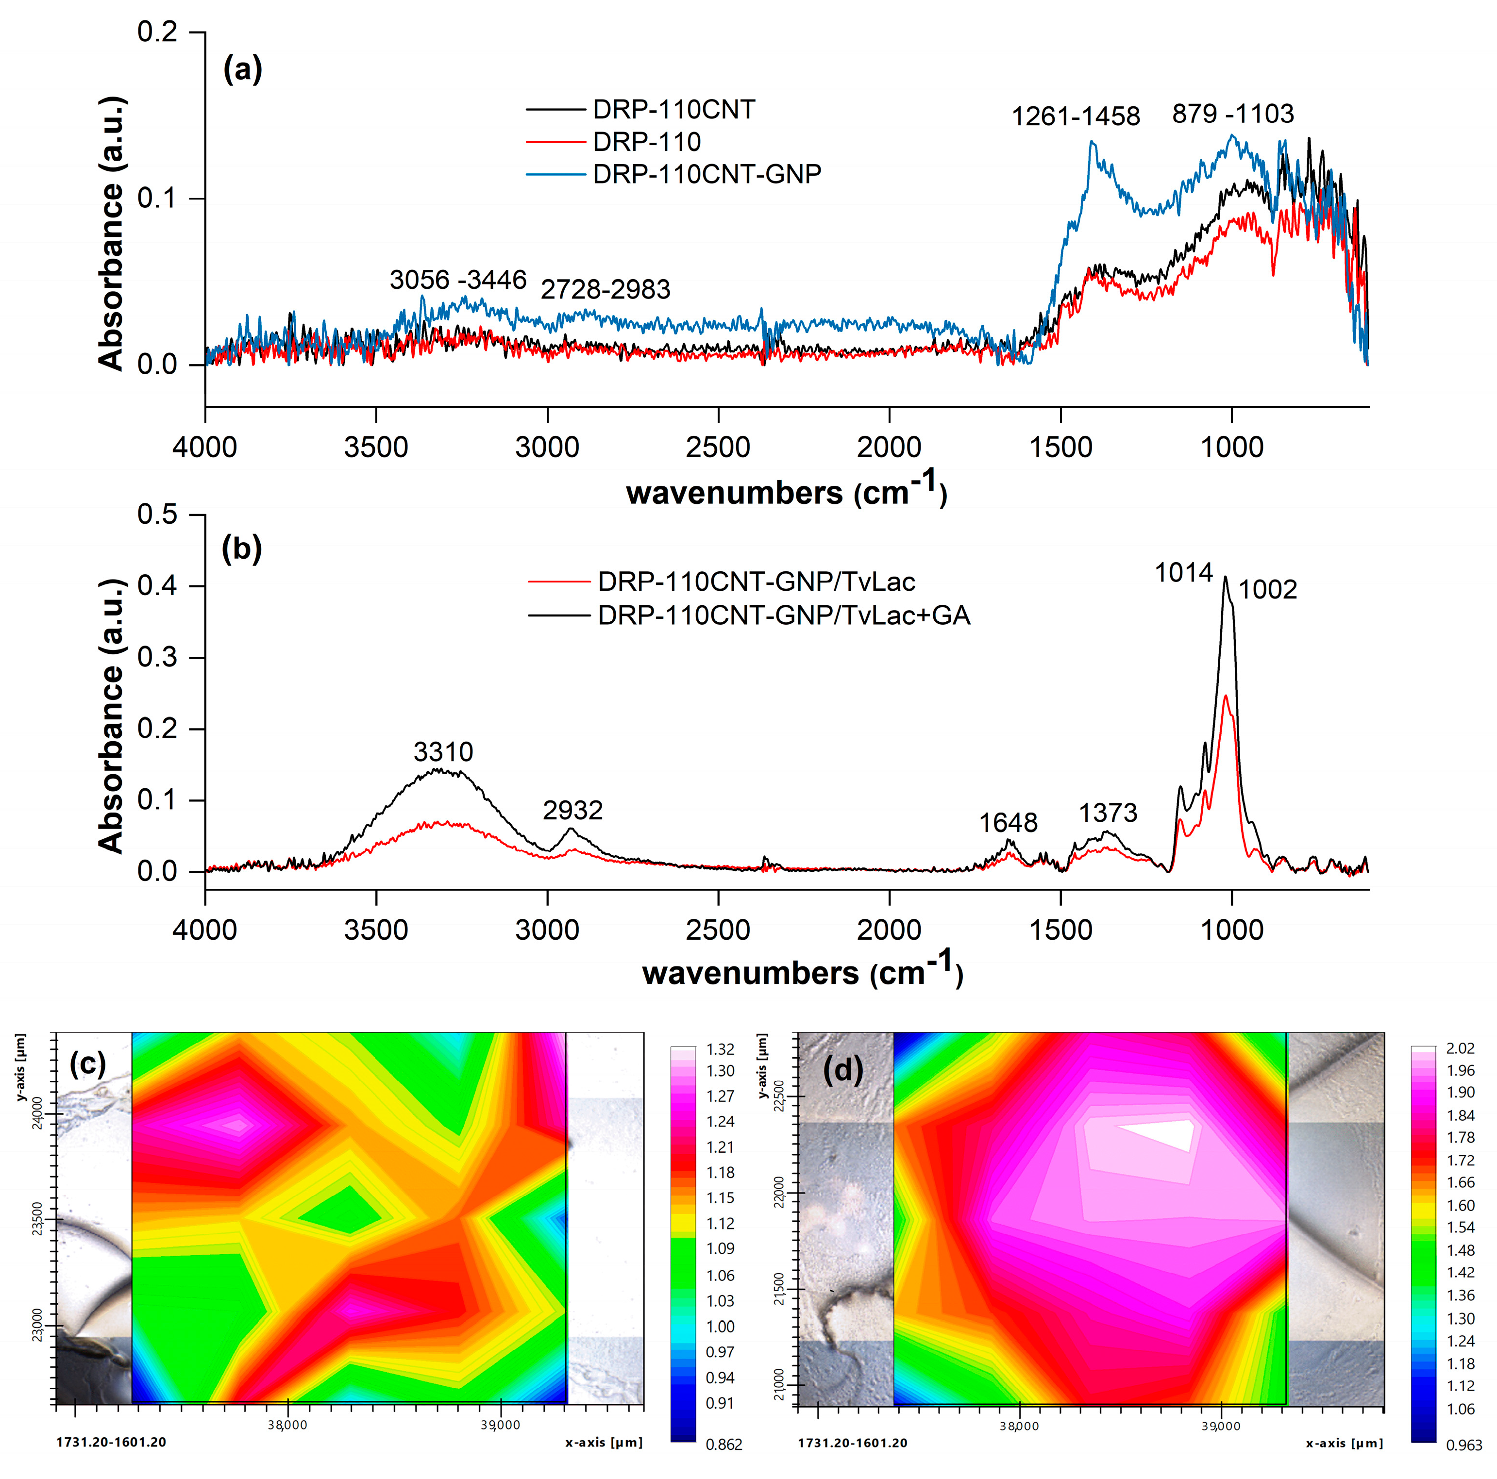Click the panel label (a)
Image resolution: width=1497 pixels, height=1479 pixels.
click(x=242, y=70)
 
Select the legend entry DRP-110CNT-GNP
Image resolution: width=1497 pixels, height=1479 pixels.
click(x=706, y=174)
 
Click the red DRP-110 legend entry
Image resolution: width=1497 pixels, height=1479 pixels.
click(x=646, y=142)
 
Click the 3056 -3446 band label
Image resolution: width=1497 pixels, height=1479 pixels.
click(x=458, y=280)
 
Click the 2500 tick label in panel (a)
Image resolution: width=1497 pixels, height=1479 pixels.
click(x=718, y=447)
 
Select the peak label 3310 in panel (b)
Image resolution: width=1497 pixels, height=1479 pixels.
click(x=443, y=751)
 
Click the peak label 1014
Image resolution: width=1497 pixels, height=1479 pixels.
click(x=1183, y=573)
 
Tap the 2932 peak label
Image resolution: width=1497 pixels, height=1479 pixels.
click(x=572, y=811)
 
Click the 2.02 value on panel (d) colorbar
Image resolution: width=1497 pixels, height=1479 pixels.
click(x=1460, y=1048)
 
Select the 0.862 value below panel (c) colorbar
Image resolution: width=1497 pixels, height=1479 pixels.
click(x=723, y=1444)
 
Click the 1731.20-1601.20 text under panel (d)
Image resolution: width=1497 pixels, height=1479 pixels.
click(x=852, y=1443)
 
